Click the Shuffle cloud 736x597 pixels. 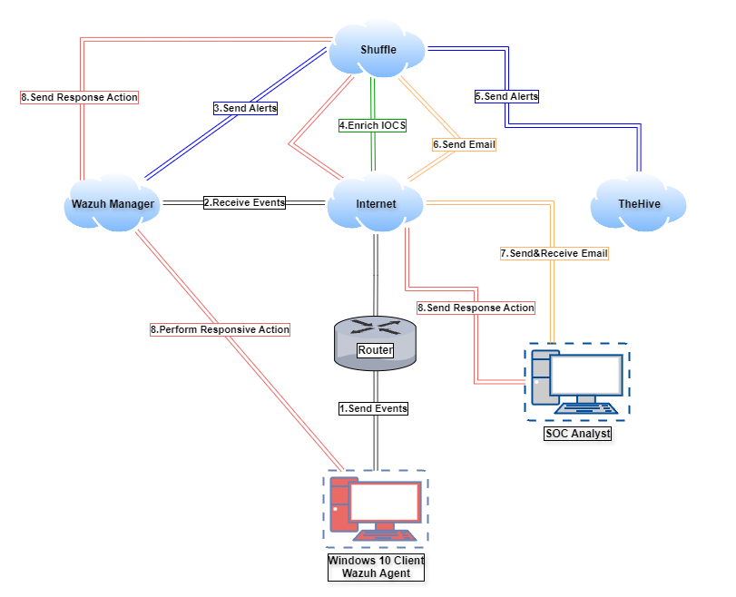[378, 50]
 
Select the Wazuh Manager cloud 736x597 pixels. [113, 204]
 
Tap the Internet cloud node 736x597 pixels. [376, 204]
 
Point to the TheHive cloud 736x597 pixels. [639, 204]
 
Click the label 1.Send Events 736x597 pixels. [373, 408]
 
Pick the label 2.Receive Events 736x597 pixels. [244, 202]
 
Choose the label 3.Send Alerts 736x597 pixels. [245, 107]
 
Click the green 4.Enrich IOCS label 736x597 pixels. [372, 126]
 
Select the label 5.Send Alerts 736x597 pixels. [506, 95]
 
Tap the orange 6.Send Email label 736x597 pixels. [464, 143]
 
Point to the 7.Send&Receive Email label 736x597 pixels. [554, 253]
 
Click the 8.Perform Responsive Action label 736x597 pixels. [221, 329]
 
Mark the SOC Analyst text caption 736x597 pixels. [577, 434]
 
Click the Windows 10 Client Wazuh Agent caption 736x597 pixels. [375, 566]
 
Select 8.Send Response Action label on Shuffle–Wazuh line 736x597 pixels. [79, 96]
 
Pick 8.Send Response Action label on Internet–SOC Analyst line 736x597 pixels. [476, 308]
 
